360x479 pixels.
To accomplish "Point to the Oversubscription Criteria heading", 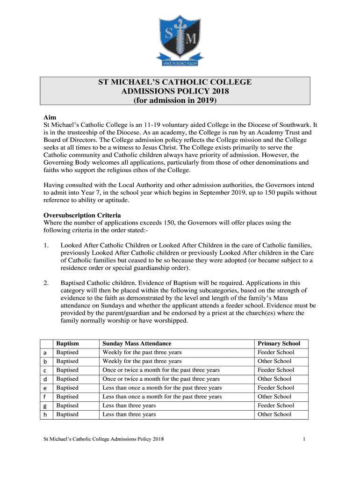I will (x=82, y=215).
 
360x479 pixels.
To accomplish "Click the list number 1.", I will (x=45, y=245).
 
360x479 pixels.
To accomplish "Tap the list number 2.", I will (x=45, y=283).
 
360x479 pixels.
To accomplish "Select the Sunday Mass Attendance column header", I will (x=137, y=343).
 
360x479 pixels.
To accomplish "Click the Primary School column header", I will (x=279, y=343).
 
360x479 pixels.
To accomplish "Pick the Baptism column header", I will (x=67, y=343).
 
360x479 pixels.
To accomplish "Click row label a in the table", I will (x=45, y=352).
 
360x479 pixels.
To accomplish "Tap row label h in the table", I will (x=45, y=414).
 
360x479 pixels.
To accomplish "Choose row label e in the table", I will (x=45, y=388).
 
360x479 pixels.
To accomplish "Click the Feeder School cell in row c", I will (x=276, y=370).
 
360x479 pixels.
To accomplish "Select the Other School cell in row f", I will (x=274, y=397).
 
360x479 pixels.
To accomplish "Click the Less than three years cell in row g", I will (x=129, y=406).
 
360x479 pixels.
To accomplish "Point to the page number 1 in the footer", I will (x=304, y=439).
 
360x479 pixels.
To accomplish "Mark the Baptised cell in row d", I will (x=67, y=379).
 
